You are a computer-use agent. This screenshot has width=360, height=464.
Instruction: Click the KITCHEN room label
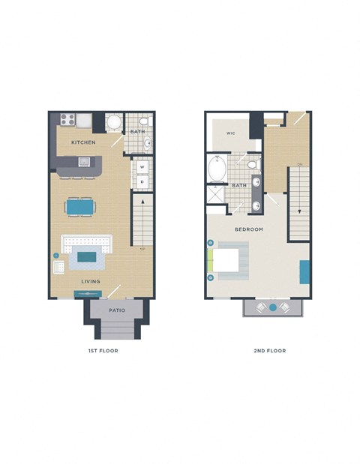82,142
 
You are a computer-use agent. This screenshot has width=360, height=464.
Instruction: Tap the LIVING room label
91,281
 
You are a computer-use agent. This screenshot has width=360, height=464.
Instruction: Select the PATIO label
116,309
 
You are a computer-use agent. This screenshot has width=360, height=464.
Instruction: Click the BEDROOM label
248,229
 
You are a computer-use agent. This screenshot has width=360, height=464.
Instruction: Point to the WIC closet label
232,134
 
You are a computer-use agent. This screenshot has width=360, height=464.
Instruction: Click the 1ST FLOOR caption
103,350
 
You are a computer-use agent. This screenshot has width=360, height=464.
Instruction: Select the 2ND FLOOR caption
271,350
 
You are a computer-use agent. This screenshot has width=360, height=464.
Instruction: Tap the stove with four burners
65,118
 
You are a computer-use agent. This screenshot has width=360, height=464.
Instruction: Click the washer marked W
142,168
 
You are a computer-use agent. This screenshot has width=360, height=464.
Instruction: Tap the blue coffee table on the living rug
87,257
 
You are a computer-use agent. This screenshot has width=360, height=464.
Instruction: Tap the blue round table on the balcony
273,307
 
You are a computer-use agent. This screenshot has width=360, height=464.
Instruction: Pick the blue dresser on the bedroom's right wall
304,271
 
